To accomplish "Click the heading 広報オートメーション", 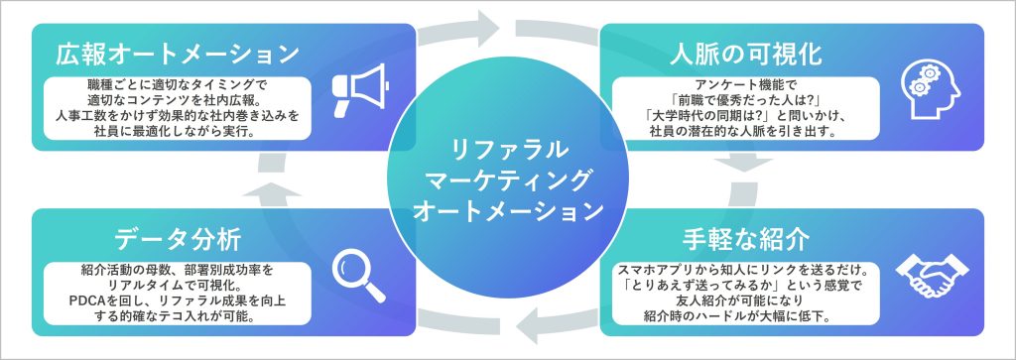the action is click(177, 54).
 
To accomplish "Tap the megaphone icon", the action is click(359, 90).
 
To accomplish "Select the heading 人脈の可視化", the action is click(746, 54).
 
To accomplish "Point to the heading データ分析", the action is click(178, 240).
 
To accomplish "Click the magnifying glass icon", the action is click(358, 277).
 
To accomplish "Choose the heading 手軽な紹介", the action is click(746, 240).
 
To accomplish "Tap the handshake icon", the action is click(931, 278).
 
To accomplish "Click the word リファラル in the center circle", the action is click(509, 150).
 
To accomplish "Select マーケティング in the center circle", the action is click(509, 180).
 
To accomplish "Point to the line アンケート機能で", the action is click(746, 85).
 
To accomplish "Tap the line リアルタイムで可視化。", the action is click(177, 287).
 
